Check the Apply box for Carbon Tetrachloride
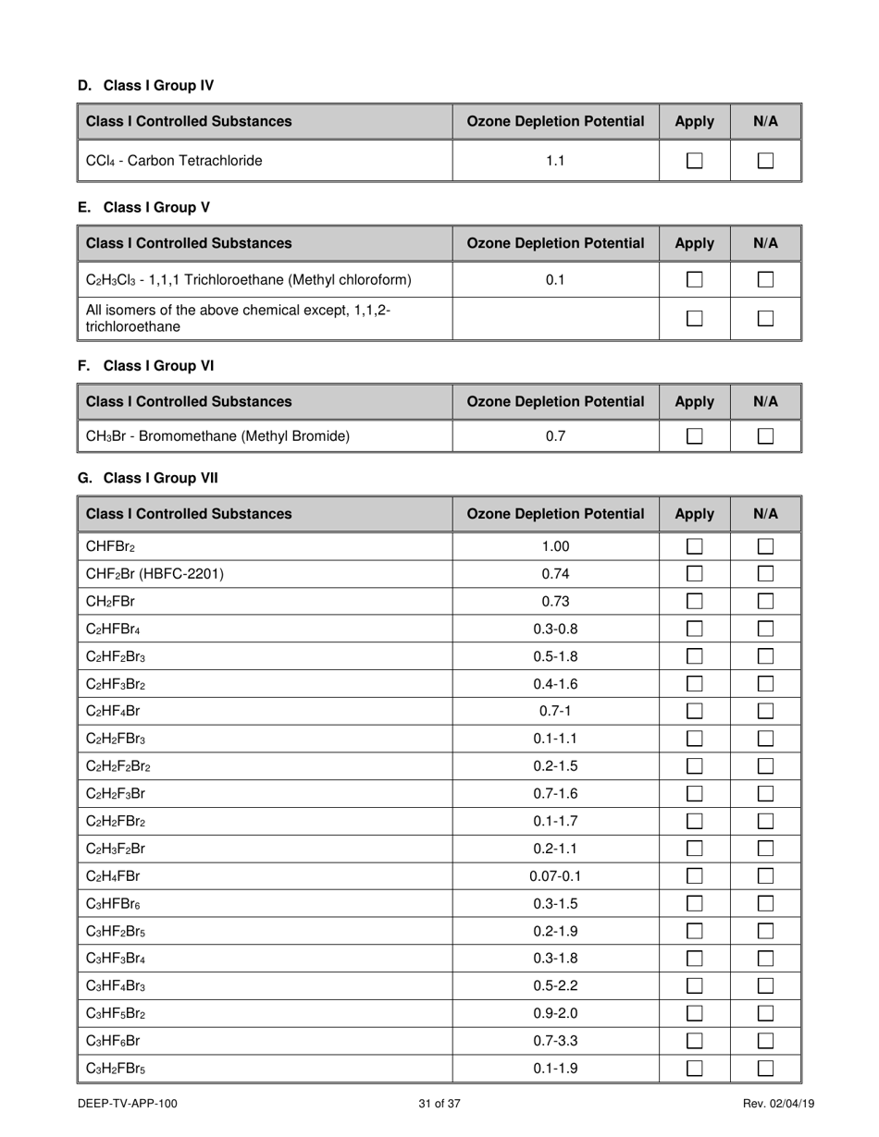click(694, 161)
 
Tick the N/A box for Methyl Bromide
click(765, 436)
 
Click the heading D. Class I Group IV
click(146, 86)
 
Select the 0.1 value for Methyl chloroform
click(555, 279)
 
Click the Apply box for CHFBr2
click(694, 546)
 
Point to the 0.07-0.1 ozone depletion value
click(555, 876)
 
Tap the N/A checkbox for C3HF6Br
click(765, 1041)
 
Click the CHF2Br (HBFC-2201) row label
click(155, 574)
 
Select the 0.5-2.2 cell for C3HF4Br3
click(555, 986)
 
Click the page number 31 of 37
click(439, 1104)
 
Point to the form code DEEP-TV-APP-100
click(128, 1104)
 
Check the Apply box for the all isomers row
click(694, 319)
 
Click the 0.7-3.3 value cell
click(555, 1041)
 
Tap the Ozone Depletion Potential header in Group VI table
click(555, 401)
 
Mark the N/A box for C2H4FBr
click(765, 876)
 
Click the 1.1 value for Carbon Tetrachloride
click(555, 161)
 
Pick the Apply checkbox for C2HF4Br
click(694, 712)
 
